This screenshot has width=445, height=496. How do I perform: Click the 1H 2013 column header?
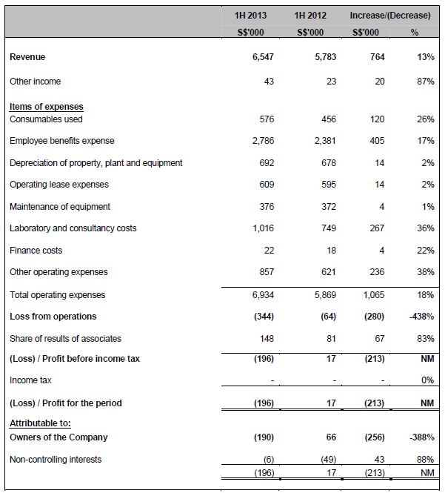pos(250,14)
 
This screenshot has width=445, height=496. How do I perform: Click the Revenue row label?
pos(27,57)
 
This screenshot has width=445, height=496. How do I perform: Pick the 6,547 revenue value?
pos(263,57)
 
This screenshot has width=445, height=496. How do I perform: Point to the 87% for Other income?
pos(425,82)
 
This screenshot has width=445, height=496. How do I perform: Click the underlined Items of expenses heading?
pos(46,107)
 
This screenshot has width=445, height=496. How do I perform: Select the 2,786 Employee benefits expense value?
pos(263,141)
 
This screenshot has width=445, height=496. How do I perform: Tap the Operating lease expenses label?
pos(59,185)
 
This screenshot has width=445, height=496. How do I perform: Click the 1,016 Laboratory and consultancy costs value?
pos(263,228)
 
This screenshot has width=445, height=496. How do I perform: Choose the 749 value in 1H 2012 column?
pos(329,228)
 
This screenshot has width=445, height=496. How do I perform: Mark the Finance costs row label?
pos(36,251)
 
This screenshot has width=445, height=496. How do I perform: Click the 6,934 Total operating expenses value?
pos(263,295)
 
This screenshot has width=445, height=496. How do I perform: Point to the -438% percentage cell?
pos(423,317)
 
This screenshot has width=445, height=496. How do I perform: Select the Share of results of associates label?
pos(66,339)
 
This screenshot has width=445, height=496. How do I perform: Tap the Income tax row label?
pos(30,380)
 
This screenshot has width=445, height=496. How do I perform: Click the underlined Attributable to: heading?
pos(40,423)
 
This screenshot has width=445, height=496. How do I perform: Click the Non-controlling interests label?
pos(56,460)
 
